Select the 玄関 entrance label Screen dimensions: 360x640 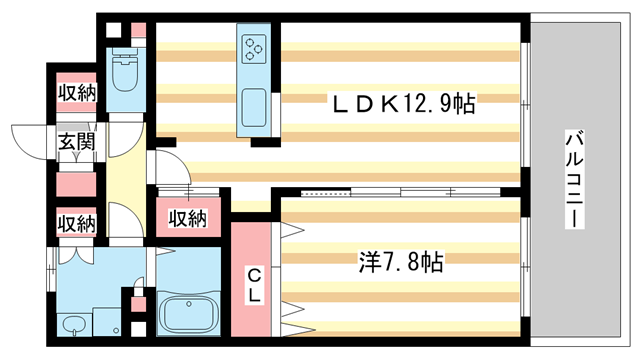[74, 141]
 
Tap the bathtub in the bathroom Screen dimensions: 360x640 [188, 315]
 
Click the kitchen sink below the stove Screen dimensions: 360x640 [253, 108]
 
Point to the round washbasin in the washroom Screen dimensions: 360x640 [71, 325]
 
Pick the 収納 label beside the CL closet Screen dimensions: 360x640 [186, 217]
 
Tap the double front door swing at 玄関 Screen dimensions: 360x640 [30, 141]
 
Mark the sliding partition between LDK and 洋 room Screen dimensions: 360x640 [400, 190]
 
